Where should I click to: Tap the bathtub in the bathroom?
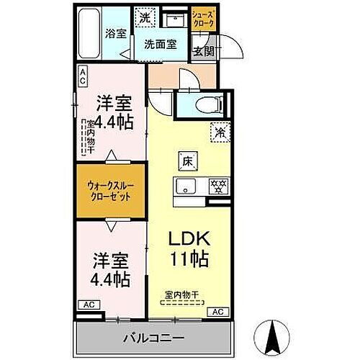pos(91,34)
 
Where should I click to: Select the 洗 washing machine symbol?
pos(144,16)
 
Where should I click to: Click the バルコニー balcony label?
pos(157,337)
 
